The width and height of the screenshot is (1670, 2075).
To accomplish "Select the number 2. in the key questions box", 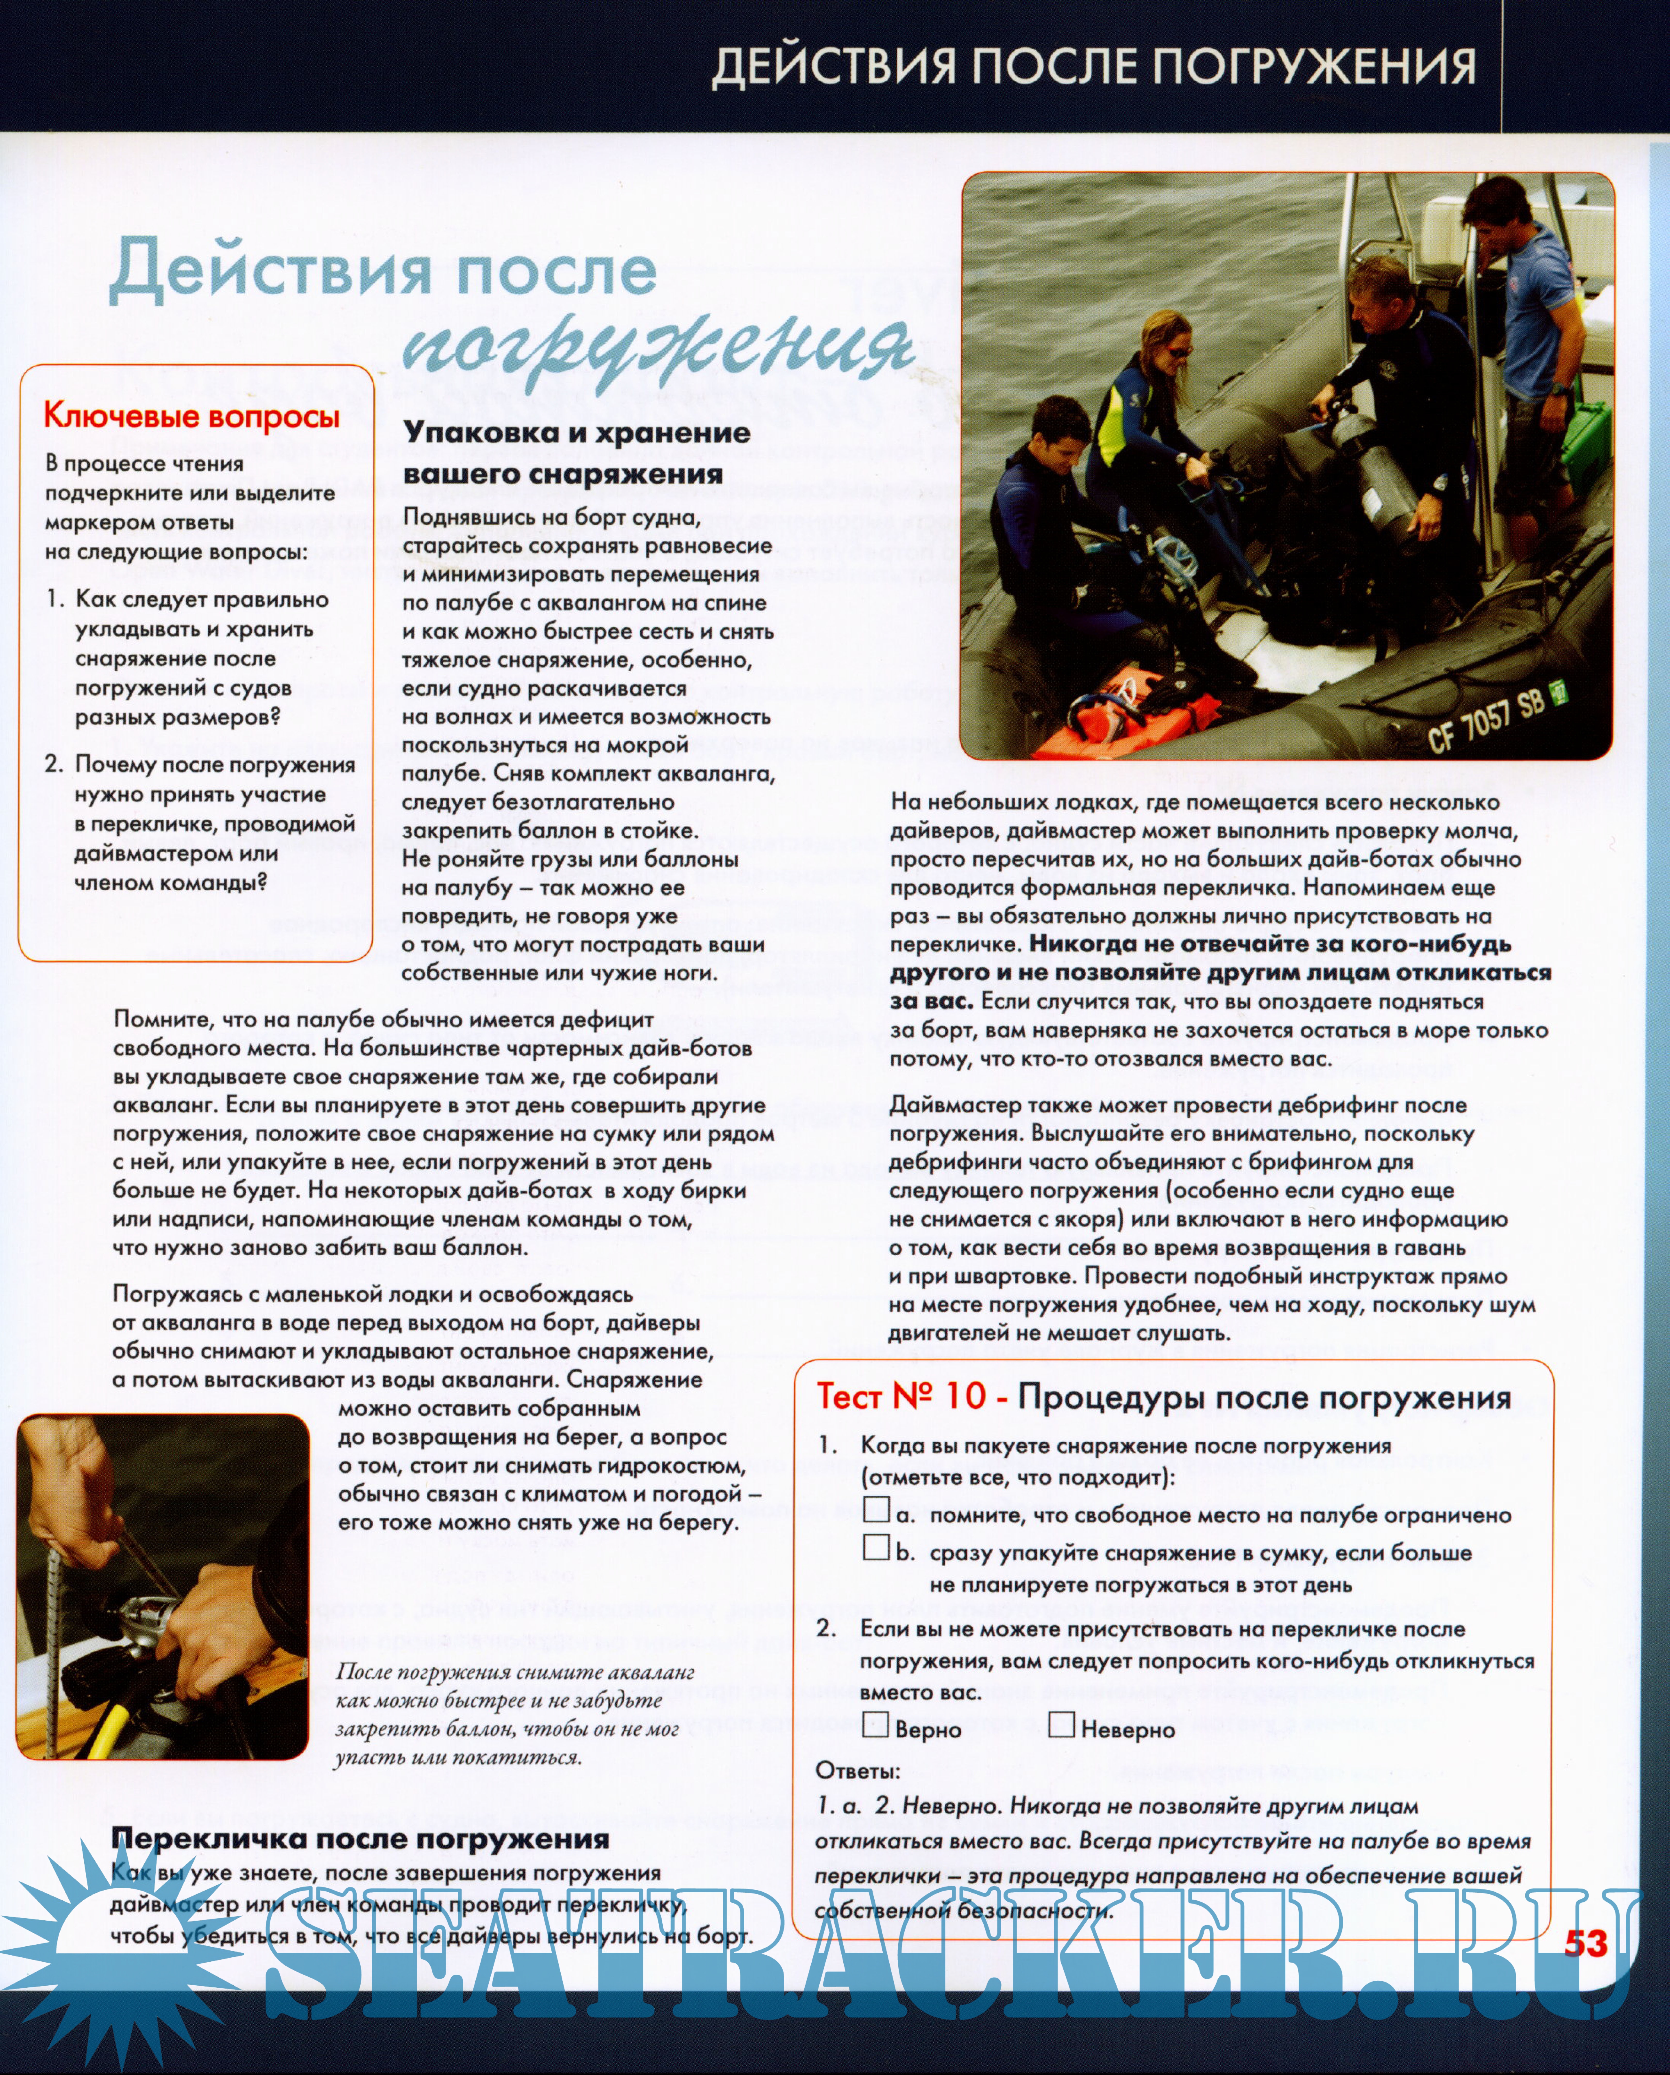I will (x=55, y=764).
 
